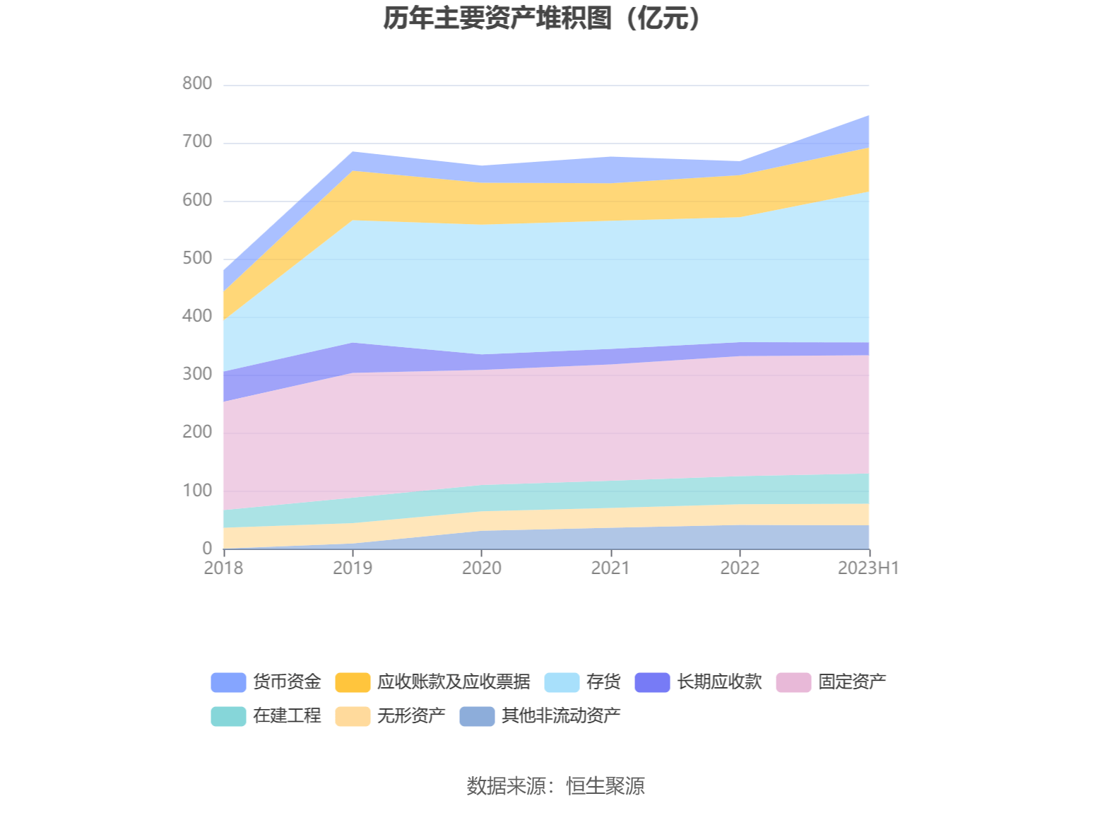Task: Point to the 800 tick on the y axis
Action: tap(197, 83)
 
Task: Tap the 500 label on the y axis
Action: tap(197, 258)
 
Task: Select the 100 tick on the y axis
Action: tap(197, 490)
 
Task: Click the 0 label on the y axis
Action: tap(207, 548)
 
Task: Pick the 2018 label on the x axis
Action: tap(223, 568)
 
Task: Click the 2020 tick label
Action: tap(482, 568)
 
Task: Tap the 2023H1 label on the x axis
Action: tap(868, 568)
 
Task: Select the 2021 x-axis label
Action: tap(610, 568)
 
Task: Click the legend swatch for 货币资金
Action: tap(228, 682)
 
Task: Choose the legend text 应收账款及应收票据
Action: tap(454, 682)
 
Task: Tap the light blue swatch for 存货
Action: tap(562, 682)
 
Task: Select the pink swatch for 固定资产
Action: tap(793, 682)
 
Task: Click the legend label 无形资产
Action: tap(411, 715)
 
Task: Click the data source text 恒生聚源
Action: tap(605, 785)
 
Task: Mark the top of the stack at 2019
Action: tap(353, 152)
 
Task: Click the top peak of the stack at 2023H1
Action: tap(868, 115)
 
